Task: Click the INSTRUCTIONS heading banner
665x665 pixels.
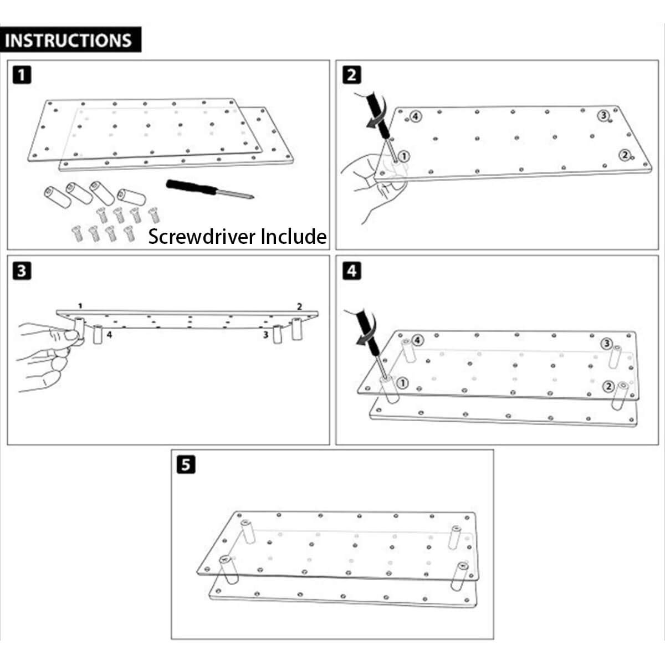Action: pos(70,40)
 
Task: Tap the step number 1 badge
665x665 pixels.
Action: pos(21,74)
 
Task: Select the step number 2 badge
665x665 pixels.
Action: pos(352,74)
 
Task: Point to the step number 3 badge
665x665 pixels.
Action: pos(21,271)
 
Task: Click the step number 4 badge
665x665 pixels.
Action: pos(352,271)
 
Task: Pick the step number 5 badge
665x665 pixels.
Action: pos(186,464)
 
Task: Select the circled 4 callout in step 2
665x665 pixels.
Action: pos(416,116)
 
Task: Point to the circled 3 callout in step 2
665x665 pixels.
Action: pos(603,115)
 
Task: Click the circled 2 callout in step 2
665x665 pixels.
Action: pos(625,155)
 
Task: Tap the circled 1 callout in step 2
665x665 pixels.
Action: pos(404,156)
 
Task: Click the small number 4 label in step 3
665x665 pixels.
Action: pos(109,335)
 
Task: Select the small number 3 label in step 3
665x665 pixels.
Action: pos(266,335)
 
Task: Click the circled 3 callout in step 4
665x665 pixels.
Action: pos(607,344)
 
